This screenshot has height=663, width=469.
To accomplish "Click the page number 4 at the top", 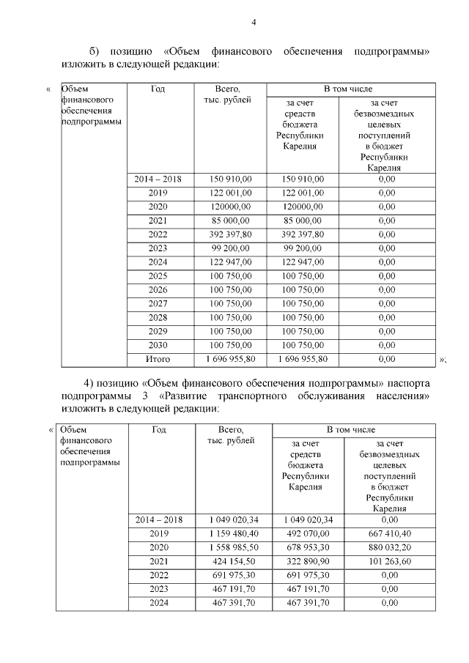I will (254, 22).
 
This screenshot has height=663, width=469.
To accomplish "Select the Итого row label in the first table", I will (158, 359).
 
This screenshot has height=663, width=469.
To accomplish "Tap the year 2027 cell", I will (158, 303).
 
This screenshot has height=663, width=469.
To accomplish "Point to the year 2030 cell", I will (158, 345).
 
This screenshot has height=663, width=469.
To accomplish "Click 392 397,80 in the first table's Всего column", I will (231, 234).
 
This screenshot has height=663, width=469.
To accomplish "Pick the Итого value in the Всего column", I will (231, 359).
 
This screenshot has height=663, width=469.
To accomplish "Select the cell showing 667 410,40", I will (390, 533).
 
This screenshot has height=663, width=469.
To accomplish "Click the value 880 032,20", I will (390, 547).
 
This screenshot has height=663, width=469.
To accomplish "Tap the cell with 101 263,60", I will (390, 561).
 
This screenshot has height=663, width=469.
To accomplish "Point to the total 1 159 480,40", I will (234, 533).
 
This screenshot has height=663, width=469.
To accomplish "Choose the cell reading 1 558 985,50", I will (234, 547).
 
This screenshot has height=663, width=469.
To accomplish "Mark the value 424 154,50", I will (234, 561).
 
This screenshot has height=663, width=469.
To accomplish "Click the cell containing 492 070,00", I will (307, 533).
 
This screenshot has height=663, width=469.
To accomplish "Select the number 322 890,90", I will (307, 561).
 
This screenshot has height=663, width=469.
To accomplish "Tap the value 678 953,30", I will (307, 547).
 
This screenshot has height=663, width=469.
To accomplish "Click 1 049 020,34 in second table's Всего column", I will (234, 519).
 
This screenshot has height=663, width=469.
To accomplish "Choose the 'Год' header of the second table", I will (159, 429).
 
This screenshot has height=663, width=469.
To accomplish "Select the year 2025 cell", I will (158, 275).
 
